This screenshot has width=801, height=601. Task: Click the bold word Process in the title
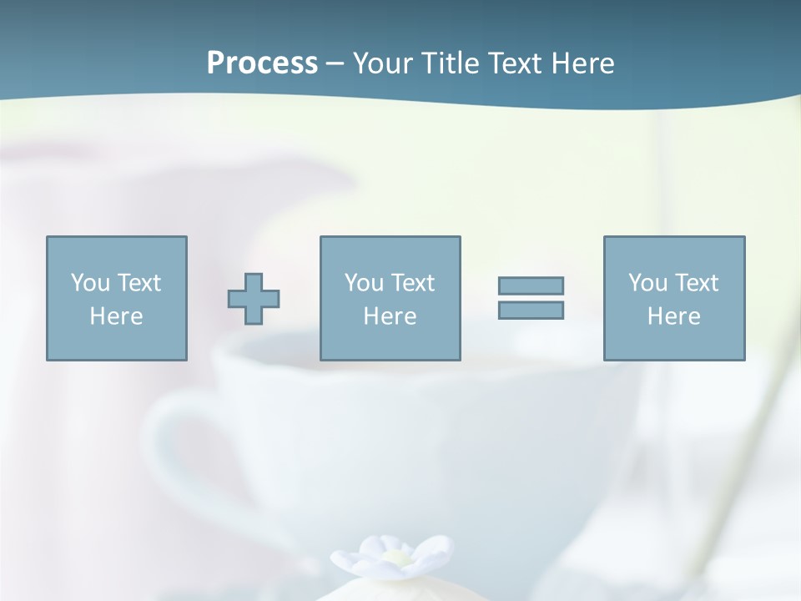tap(262, 63)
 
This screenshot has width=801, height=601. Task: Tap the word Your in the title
tap(383, 63)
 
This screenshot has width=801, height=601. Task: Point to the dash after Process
tap(335, 64)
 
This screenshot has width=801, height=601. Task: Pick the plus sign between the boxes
tap(254, 299)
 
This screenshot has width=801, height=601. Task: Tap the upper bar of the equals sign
tap(531, 285)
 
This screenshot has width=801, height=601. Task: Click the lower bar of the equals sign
tap(531, 310)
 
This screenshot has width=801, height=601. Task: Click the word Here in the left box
tap(116, 316)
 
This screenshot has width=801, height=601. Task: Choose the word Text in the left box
tap(139, 283)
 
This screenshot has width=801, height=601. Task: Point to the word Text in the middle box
tap(412, 283)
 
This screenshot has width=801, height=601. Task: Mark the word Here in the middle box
tap(390, 316)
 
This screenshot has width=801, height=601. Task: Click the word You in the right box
tap(647, 283)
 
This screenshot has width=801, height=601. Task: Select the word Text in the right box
tap(696, 283)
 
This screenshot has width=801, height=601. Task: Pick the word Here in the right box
tap(673, 316)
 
